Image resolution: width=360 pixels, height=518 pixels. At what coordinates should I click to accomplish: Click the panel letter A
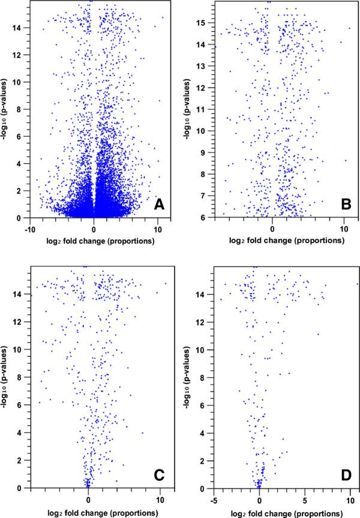tap(159, 206)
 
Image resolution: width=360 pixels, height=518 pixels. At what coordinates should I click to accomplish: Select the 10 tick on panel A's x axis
tap(158, 229)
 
